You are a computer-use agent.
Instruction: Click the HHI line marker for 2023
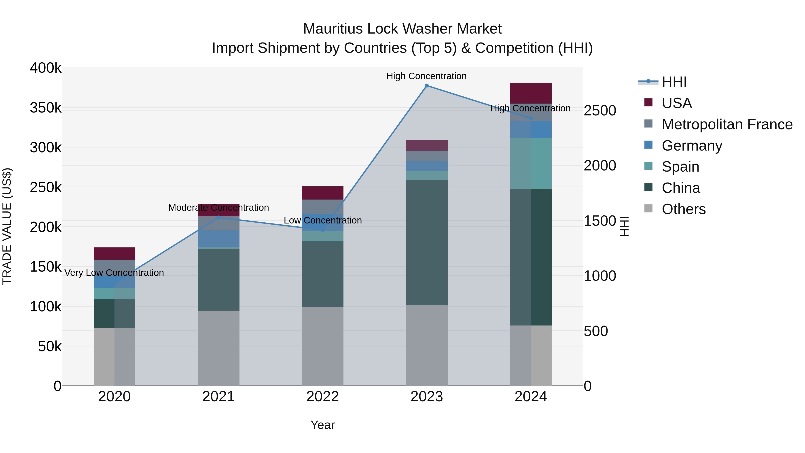(x=427, y=86)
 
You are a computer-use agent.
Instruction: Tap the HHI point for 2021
(x=218, y=217)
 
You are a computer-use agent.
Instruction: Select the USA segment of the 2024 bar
(x=531, y=93)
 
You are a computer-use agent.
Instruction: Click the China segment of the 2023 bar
(x=427, y=242)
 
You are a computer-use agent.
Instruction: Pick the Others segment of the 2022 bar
(x=322, y=346)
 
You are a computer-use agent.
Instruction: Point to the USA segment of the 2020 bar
(x=114, y=253)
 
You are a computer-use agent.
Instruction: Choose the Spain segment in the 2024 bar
(x=531, y=164)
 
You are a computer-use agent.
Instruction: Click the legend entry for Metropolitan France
(x=727, y=124)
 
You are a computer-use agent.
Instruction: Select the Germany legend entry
(x=692, y=146)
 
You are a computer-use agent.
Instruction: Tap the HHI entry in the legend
(x=674, y=82)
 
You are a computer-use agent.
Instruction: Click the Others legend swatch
(x=648, y=208)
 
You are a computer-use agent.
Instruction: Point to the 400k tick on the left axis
(x=46, y=68)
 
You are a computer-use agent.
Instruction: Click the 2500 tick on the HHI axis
(x=600, y=111)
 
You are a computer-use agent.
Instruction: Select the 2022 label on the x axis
(x=322, y=397)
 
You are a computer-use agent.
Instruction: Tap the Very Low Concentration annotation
(x=114, y=273)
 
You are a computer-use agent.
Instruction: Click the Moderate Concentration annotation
(x=218, y=208)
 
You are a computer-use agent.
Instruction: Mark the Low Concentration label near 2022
(x=322, y=220)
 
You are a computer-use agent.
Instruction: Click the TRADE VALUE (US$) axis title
(x=7, y=226)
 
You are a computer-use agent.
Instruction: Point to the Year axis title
(x=322, y=425)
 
